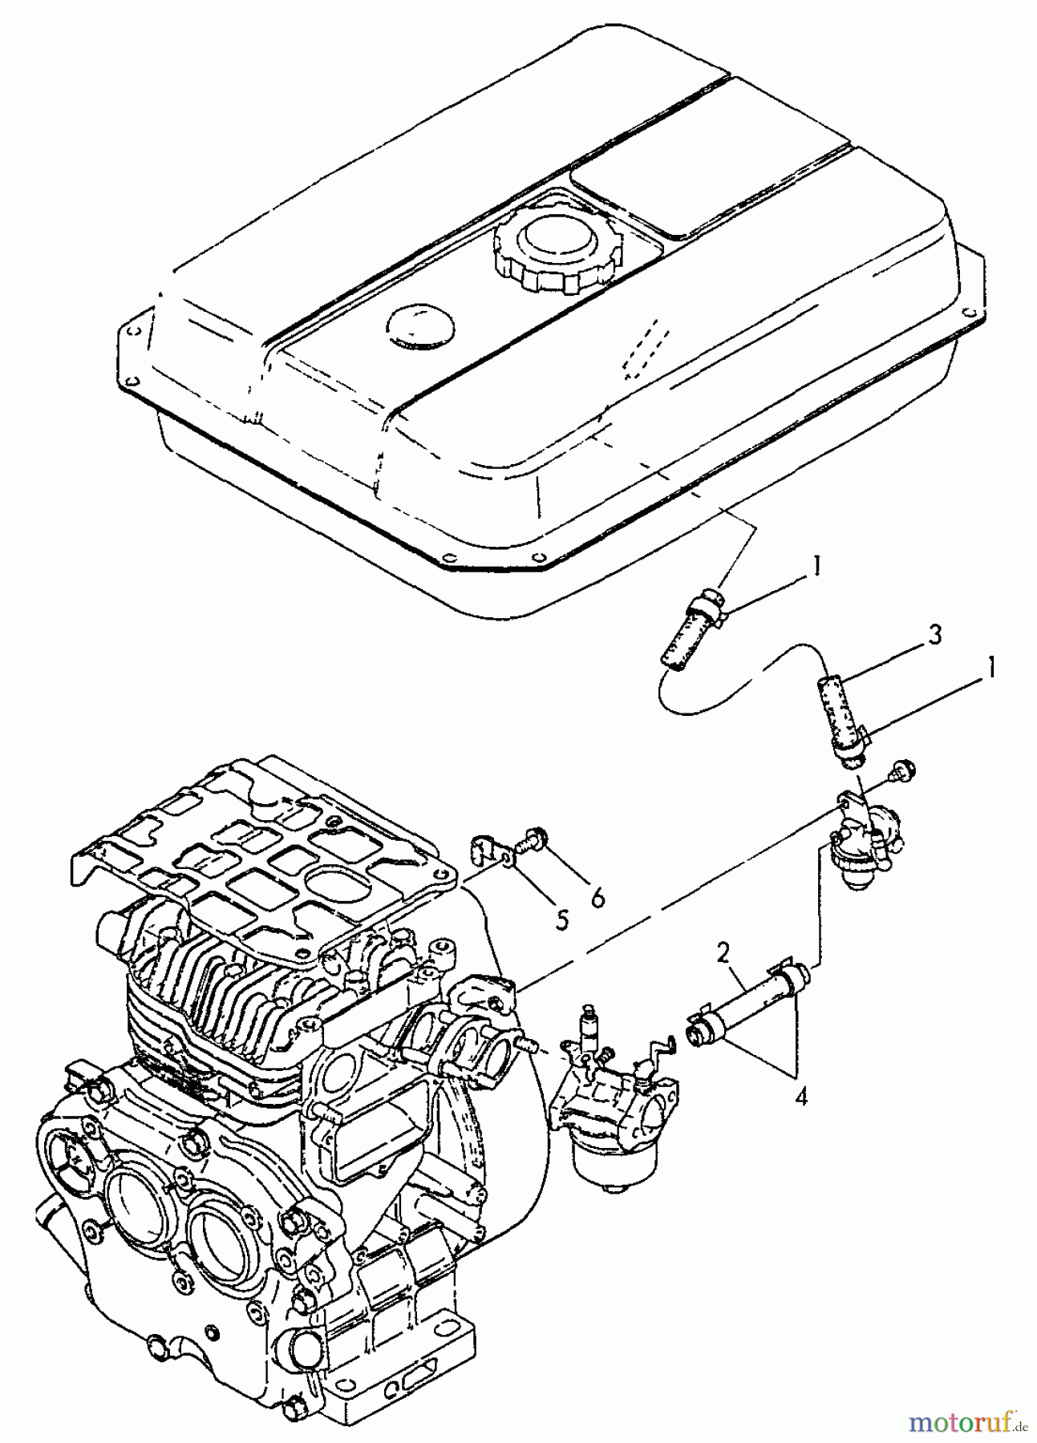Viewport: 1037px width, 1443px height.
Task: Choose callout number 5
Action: tap(562, 920)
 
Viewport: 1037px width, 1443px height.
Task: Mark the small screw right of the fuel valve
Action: tap(904, 771)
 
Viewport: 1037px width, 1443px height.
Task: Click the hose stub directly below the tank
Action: tap(695, 625)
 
